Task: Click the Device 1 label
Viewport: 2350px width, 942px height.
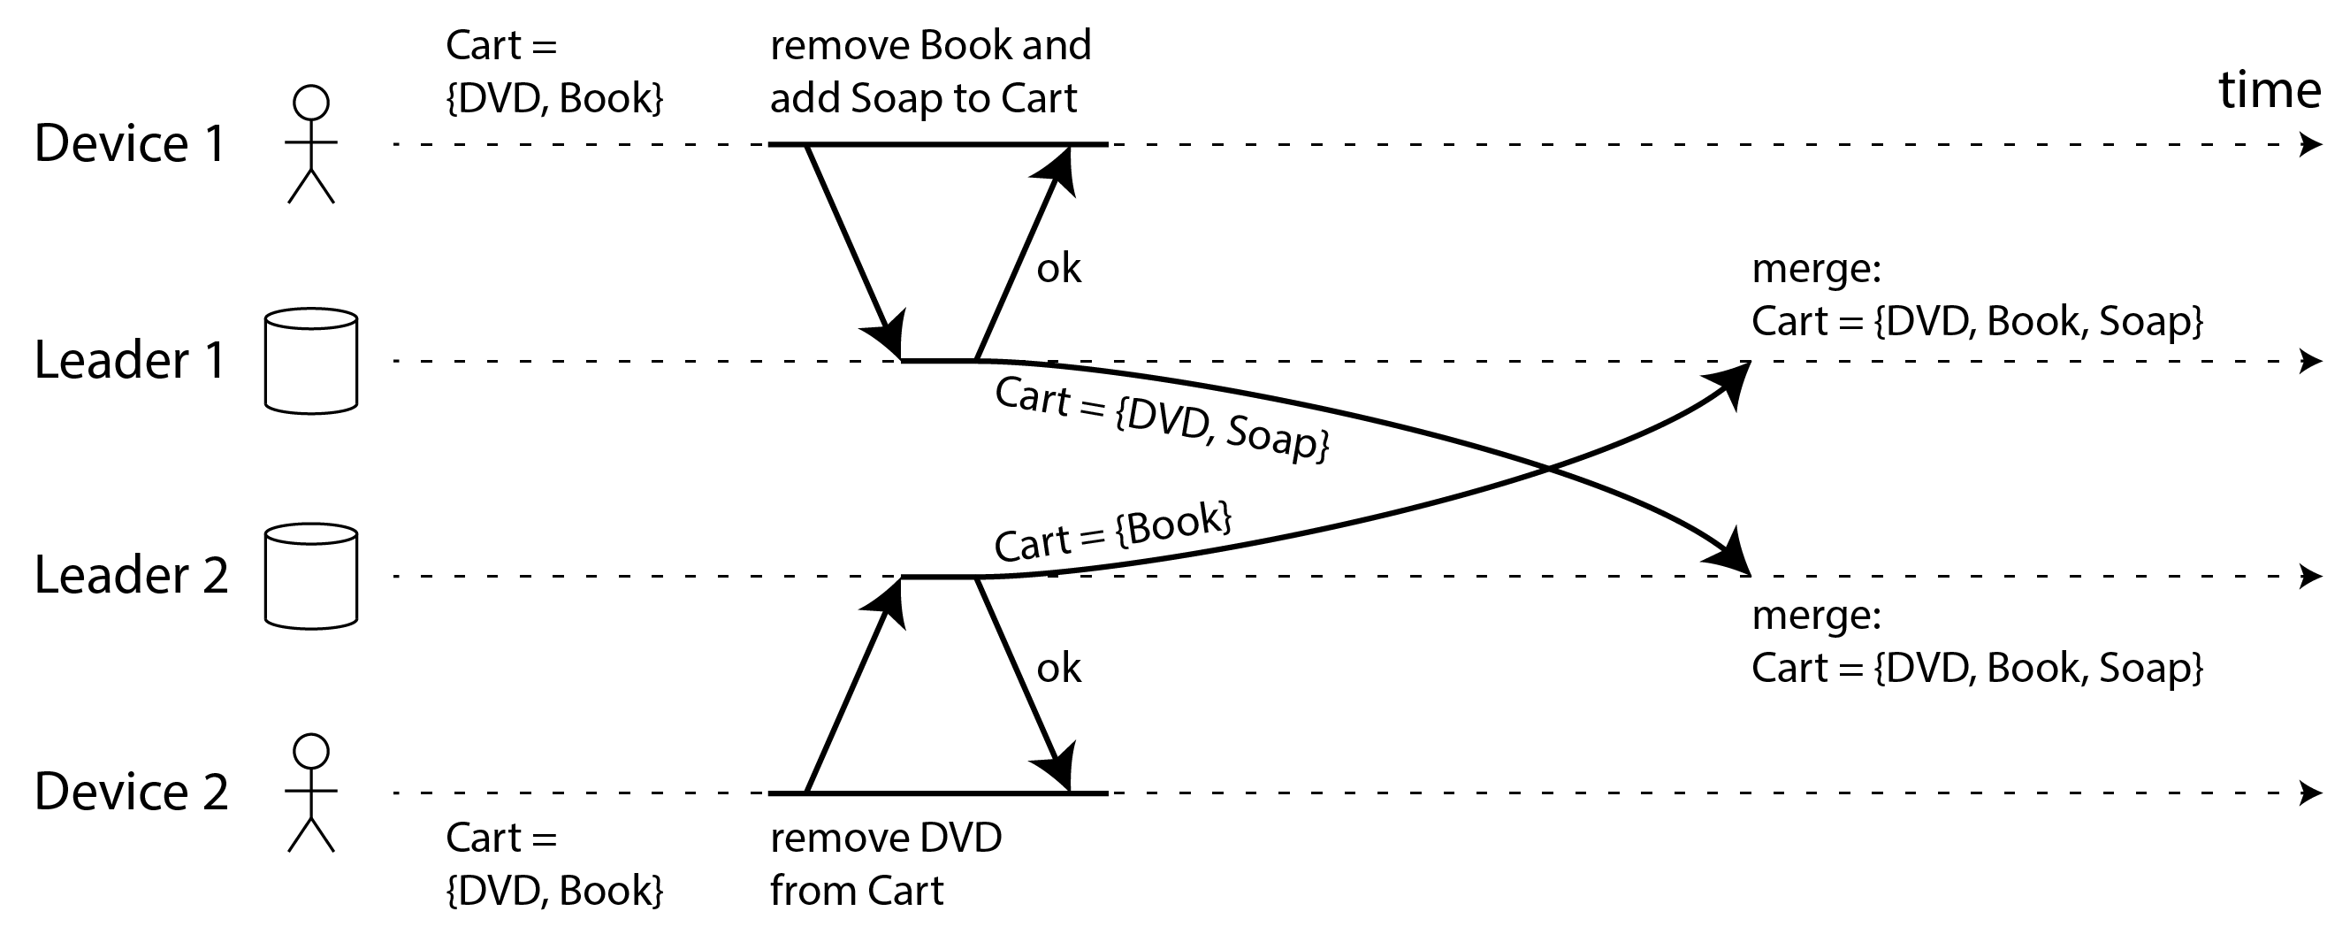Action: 130,144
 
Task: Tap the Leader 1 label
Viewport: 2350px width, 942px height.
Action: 130,361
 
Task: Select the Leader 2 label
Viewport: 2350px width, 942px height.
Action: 131,576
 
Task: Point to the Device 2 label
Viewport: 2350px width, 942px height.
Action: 131,792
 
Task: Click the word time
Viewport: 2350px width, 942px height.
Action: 2269,90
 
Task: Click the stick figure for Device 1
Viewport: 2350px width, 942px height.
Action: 311,144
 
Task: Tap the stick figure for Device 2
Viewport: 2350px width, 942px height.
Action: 311,793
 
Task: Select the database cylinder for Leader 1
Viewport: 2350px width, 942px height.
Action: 311,362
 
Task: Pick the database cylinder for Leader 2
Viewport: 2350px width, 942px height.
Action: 311,577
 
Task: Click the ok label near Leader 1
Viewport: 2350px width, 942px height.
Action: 1058,269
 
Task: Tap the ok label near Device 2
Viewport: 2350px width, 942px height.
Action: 1058,669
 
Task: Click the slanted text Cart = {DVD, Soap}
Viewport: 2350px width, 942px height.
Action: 1162,419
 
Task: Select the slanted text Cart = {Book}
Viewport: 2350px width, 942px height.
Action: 1113,532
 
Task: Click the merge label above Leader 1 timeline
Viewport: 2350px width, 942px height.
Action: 1816,269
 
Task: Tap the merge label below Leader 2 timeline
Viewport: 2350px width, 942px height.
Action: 1816,617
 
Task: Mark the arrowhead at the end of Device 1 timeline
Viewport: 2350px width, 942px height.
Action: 2310,144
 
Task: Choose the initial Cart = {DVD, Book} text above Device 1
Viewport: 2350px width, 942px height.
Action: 553,73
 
